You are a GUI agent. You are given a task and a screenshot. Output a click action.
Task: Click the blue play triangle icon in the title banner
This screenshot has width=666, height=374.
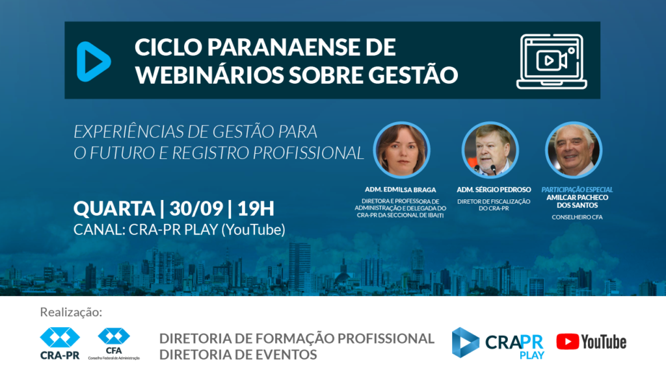coord(93,62)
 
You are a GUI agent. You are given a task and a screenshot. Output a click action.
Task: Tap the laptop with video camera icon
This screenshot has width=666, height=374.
coord(552,62)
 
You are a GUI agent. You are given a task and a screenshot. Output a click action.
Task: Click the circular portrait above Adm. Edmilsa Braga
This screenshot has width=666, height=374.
coord(401,150)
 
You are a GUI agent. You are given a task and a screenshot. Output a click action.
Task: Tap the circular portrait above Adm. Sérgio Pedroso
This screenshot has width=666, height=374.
coord(490,150)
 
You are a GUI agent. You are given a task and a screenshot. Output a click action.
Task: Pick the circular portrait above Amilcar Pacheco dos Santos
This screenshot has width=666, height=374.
coord(574,150)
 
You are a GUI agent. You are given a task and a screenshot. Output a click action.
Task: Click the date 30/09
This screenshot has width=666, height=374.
coord(196,208)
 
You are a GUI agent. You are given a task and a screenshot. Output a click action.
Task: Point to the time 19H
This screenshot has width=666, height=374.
coord(256,208)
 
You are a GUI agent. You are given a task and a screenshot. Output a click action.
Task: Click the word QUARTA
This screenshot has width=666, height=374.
coord(114,208)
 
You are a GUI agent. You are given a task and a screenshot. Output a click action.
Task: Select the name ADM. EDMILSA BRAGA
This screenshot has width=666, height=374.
coord(400,190)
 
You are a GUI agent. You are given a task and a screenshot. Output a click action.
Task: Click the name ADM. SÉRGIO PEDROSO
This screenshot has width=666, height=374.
coord(494,190)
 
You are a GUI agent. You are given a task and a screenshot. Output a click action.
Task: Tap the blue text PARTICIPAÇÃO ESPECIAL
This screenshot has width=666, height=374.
coord(577,190)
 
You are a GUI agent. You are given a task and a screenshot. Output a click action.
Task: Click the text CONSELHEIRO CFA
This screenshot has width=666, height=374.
coord(577,217)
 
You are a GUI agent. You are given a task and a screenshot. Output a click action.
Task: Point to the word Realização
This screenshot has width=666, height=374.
coord(71,312)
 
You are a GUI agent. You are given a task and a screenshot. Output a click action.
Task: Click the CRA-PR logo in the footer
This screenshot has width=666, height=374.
coord(60,343)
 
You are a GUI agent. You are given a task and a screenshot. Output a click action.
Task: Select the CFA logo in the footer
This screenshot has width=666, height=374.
coord(114,343)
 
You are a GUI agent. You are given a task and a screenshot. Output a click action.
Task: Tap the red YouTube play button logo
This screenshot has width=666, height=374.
coord(567,342)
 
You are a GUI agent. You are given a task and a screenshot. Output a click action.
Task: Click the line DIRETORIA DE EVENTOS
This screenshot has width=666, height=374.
coord(238,355)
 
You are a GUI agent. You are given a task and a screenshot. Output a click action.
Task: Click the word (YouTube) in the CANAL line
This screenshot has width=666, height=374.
coord(253,230)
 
